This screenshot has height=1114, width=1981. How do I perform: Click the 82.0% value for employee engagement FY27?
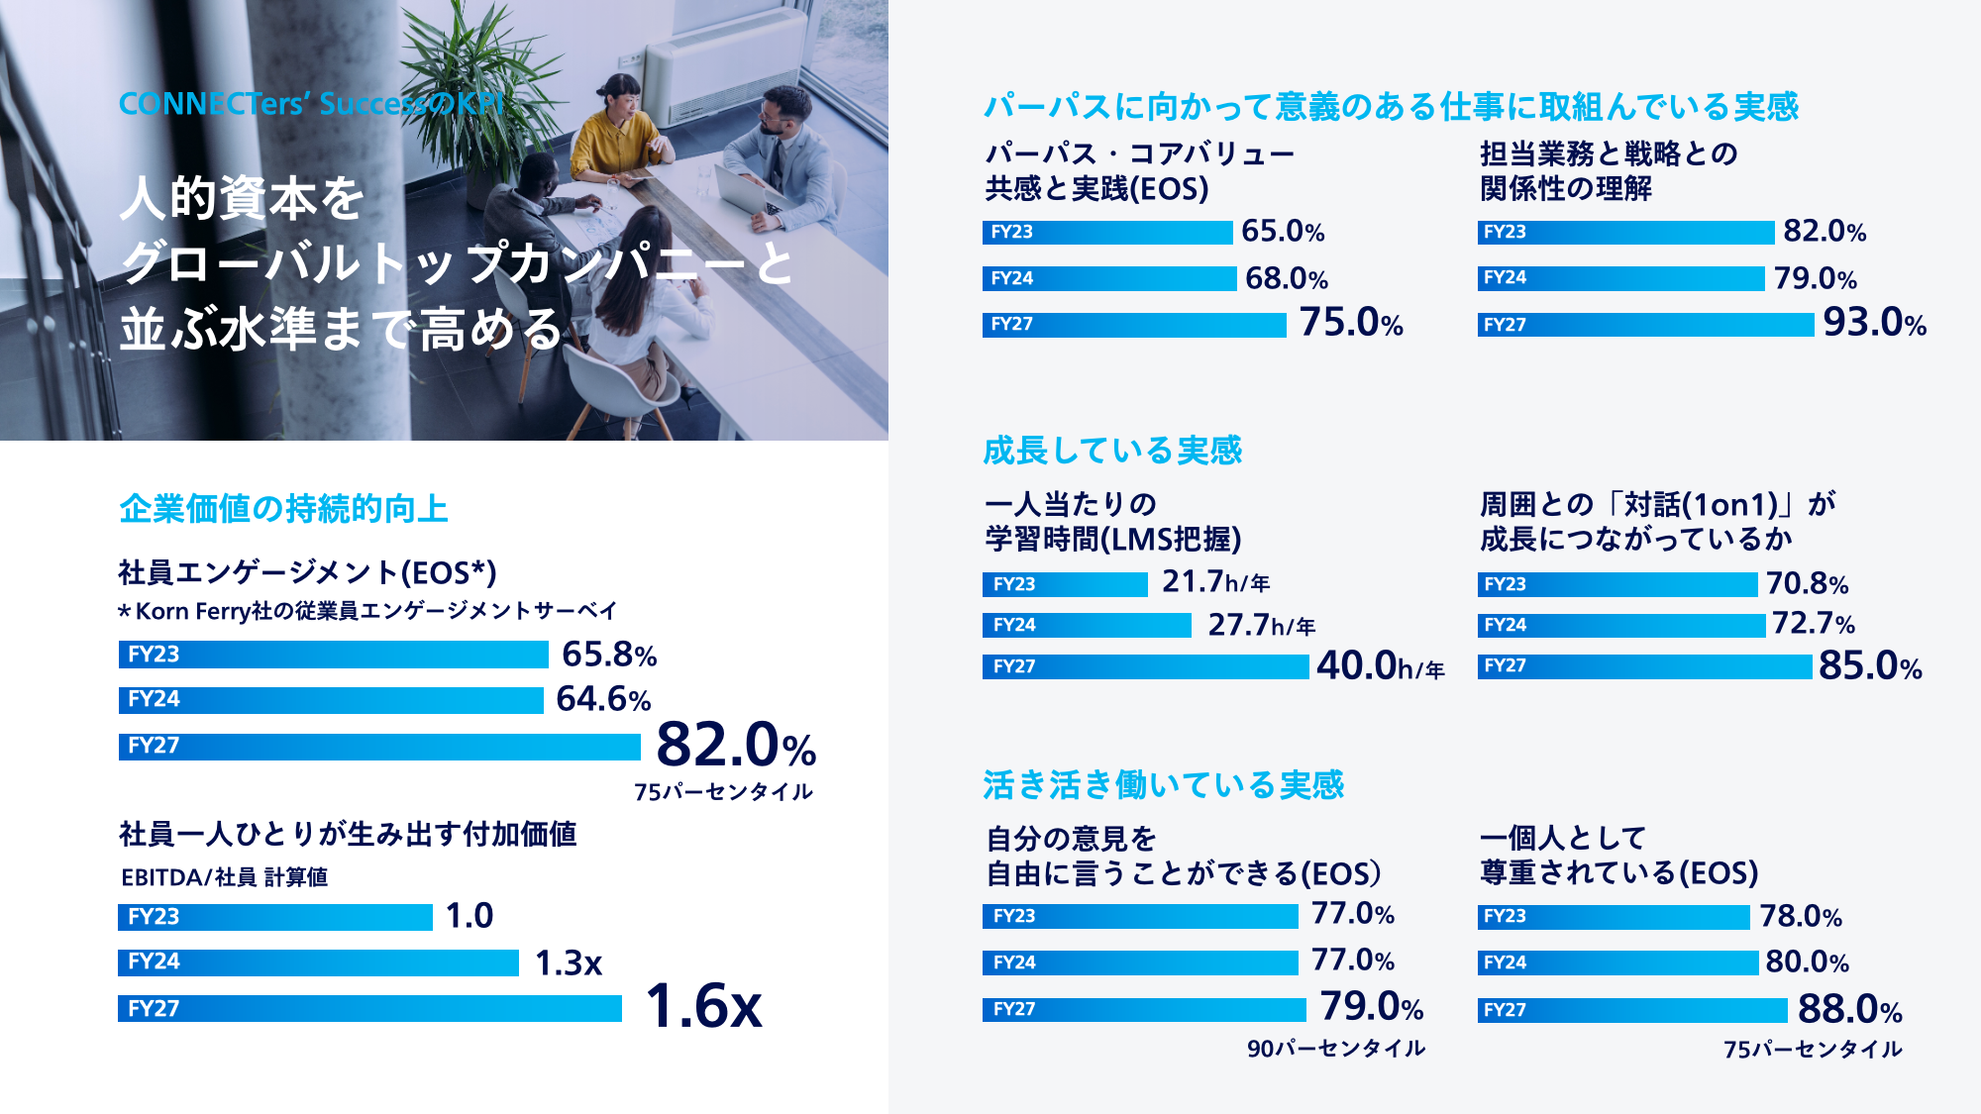pyautogui.click(x=735, y=745)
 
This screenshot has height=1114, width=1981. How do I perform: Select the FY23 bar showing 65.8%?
pyautogui.click(x=333, y=655)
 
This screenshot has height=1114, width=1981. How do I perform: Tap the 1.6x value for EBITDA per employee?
pyautogui.click(x=703, y=1006)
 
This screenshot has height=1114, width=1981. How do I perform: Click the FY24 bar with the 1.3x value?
pyautogui.click(x=318, y=962)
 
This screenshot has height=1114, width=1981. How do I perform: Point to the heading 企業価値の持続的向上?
pyautogui.click(x=283, y=509)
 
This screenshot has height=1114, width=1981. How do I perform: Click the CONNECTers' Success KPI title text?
pyautogui.click(x=312, y=104)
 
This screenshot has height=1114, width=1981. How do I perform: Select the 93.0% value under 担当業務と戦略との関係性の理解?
pyautogui.click(x=1874, y=323)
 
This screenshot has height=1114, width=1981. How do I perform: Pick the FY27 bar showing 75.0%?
pyautogui.click(x=1134, y=325)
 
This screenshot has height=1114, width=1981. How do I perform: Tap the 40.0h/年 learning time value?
pyautogui.click(x=1380, y=666)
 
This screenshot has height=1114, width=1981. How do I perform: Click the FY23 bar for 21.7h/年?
pyautogui.click(x=1065, y=584)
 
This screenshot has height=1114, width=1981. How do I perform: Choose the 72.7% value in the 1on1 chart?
pyautogui.click(x=1813, y=624)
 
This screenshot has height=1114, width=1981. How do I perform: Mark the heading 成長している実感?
pyautogui.click(x=1111, y=451)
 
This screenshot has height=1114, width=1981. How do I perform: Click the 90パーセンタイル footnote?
pyautogui.click(x=1335, y=1049)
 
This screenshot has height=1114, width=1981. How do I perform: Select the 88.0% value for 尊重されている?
pyautogui.click(x=1849, y=1010)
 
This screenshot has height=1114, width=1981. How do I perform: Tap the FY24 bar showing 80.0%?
pyautogui.click(x=1617, y=962)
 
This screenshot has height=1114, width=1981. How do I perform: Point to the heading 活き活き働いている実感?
pyautogui.click(x=1163, y=785)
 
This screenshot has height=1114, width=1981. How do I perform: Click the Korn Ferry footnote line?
pyautogui.click(x=367, y=611)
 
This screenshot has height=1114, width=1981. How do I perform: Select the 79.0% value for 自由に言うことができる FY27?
pyautogui.click(x=1371, y=1007)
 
